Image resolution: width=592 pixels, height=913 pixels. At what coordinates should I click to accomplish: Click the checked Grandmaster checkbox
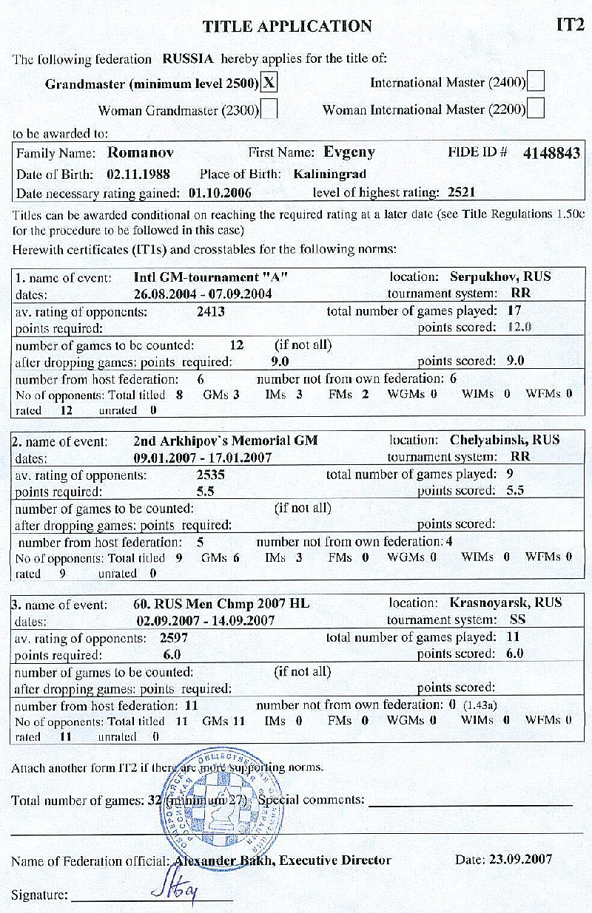point(270,83)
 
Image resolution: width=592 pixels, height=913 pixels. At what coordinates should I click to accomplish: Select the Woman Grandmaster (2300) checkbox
point(270,110)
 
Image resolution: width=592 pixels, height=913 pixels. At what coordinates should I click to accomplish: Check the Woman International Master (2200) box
point(536,110)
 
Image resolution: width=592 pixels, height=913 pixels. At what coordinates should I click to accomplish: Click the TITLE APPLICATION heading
point(287,27)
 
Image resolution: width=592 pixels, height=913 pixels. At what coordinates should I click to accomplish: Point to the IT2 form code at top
point(570,26)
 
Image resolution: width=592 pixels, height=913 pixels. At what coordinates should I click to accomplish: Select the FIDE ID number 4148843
point(551,154)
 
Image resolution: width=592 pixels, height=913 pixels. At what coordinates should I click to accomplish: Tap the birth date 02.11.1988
point(138,174)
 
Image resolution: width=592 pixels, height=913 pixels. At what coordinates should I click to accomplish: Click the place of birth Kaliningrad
point(330,174)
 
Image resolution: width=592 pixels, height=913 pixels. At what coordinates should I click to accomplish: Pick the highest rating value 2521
point(461,193)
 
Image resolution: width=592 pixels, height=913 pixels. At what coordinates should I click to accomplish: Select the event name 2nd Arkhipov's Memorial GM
point(226,441)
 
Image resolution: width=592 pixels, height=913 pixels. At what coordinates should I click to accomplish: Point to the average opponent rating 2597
point(174,637)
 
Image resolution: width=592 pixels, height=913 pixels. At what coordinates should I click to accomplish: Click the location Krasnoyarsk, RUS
point(506,603)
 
